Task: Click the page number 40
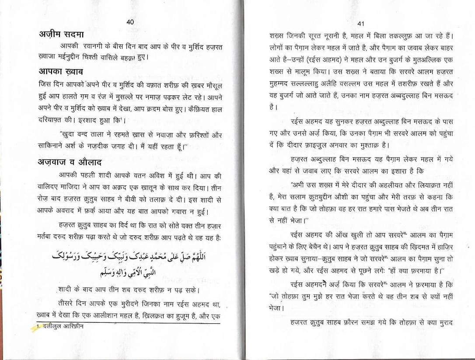pos(130,22)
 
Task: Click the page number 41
pos(360,23)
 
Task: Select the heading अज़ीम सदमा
pos(59,34)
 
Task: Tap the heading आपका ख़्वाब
pos(58,71)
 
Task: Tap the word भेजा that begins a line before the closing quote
pos(275,308)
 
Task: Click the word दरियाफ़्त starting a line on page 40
pos(47,120)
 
